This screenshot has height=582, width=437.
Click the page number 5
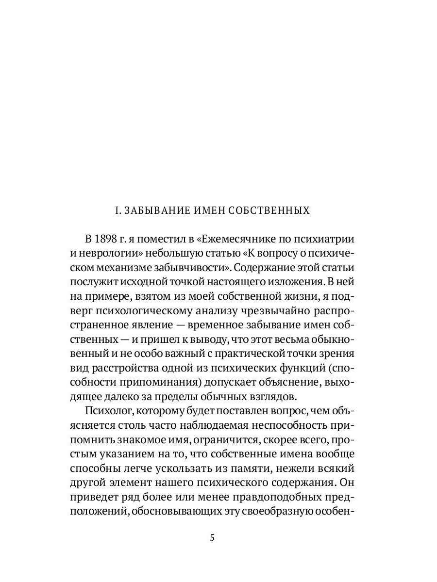[212, 538]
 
